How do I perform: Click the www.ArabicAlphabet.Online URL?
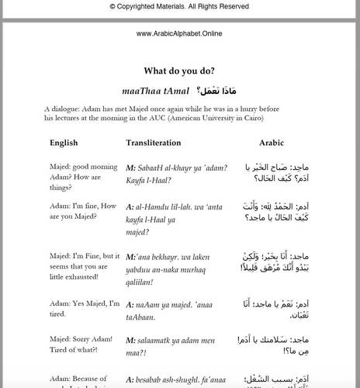click(x=179, y=34)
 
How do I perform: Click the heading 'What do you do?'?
click(x=179, y=69)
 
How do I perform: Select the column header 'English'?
click(x=64, y=143)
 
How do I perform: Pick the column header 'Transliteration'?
click(x=154, y=143)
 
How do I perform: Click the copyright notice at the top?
click(x=179, y=6)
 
